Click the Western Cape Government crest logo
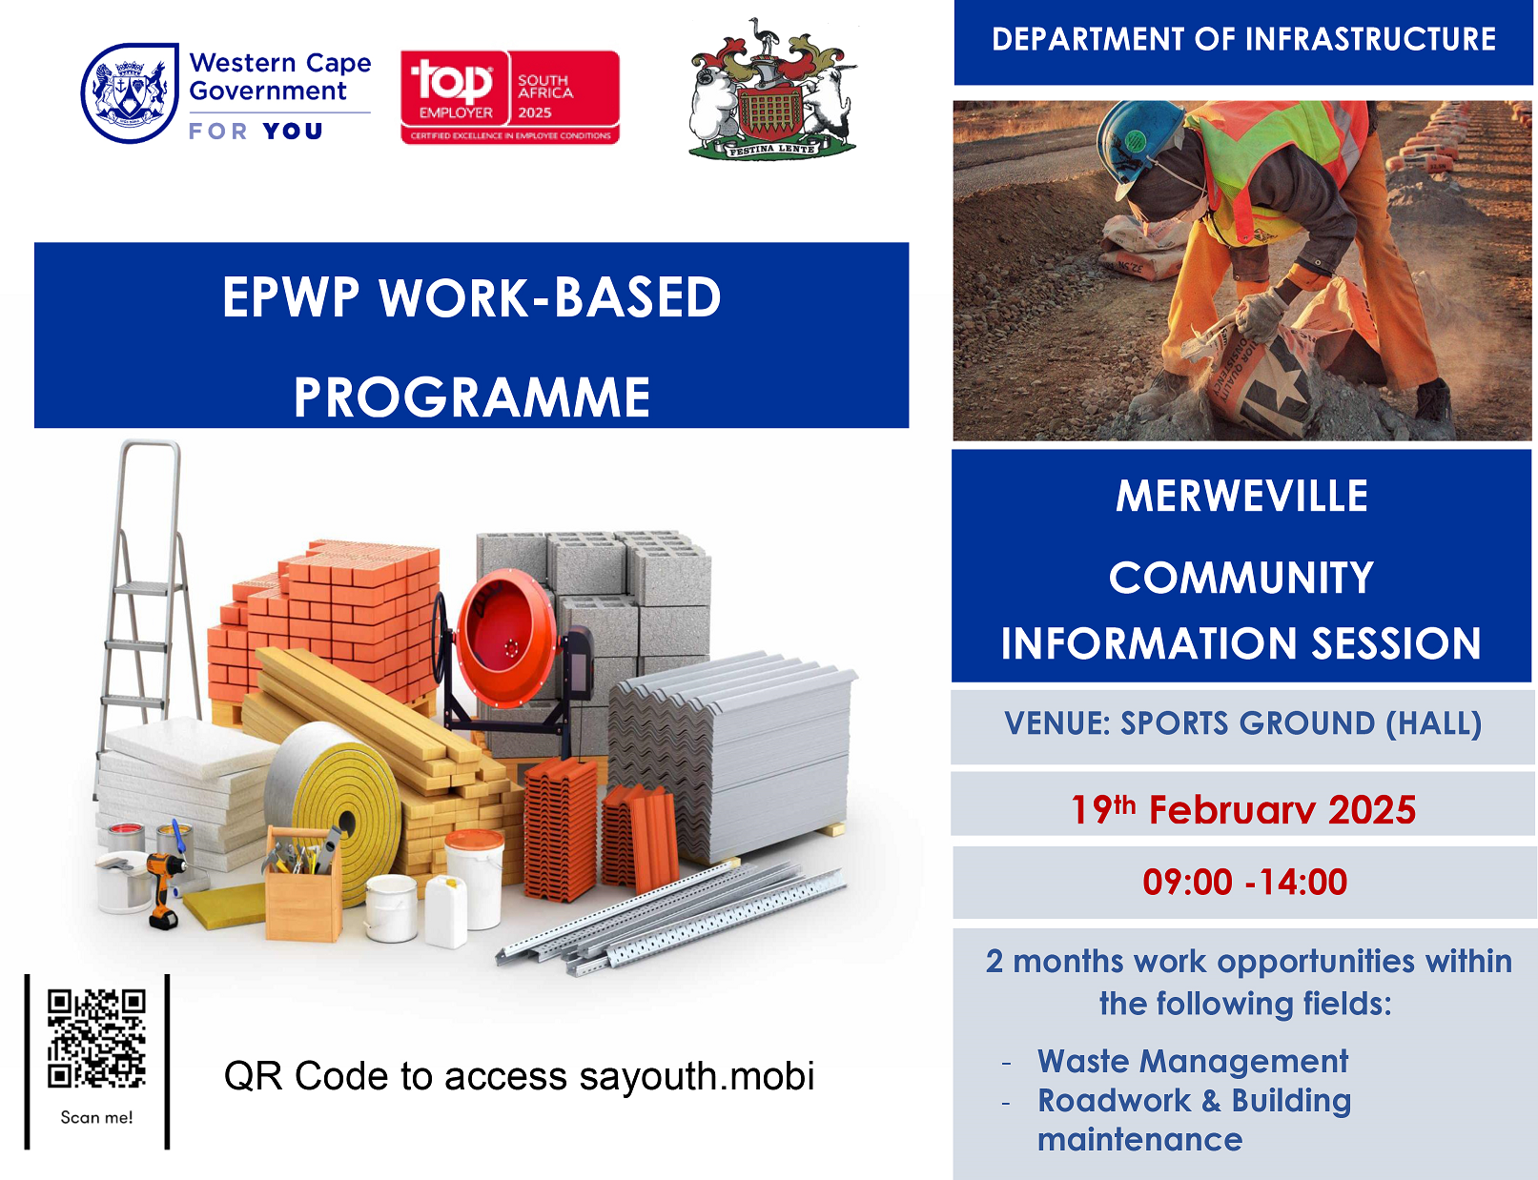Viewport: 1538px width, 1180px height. (x=130, y=92)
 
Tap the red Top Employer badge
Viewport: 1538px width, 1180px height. (x=509, y=97)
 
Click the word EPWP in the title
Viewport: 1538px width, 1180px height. (x=291, y=297)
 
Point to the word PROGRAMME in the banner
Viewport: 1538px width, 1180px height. (x=471, y=397)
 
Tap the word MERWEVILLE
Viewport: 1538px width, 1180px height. (x=1241, y=496)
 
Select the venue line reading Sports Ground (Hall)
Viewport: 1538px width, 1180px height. (x=1242, y=723)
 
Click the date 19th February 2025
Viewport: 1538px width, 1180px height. (x=1242, y=808)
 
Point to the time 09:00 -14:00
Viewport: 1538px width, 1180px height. (x=1245, y=883)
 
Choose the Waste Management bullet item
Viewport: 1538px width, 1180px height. (x=1193, y=1061)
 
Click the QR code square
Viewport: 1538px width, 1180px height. (x=96, y=1038)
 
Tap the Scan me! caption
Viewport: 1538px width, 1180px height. (x=96, y=1117)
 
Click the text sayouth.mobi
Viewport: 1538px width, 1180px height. (x=696, y=1076)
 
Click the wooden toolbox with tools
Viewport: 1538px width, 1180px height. (x=303, y=885)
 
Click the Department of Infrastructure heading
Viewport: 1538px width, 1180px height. (x=1243, y=39)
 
